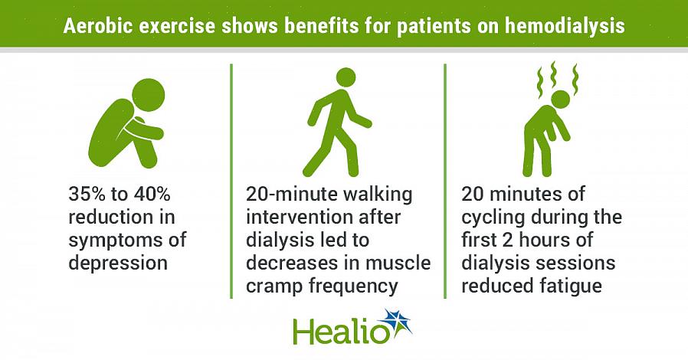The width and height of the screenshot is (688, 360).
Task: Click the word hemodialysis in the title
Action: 565,26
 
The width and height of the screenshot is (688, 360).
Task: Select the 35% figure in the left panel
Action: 87,193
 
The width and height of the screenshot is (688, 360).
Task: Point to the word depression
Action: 118,263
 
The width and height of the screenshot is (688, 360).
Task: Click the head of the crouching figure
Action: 149,95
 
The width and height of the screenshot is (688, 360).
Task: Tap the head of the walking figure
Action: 346,77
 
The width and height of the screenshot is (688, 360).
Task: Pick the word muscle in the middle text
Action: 398,263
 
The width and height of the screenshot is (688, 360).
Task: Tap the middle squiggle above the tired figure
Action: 554,74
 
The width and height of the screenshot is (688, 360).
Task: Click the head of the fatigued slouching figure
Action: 560,99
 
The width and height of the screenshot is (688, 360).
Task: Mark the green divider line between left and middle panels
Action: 231,181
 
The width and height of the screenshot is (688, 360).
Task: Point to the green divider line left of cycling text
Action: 445,181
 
